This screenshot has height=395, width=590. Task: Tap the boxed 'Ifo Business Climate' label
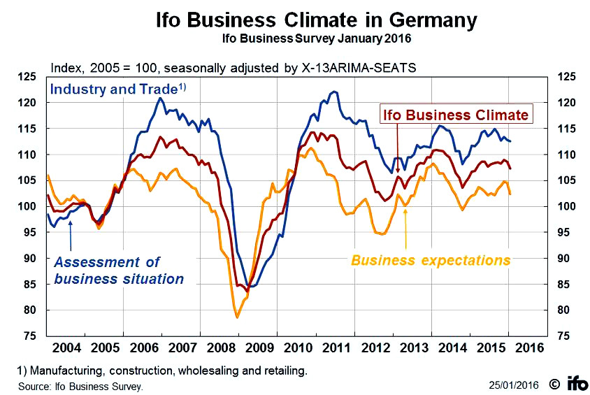(455, 114)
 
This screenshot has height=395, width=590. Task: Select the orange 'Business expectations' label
(431, 261)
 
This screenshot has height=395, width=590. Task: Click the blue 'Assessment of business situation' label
(119, 271)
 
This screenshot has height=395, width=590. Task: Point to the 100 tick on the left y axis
(33, 206)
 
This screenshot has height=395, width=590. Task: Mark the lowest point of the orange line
(238, 317)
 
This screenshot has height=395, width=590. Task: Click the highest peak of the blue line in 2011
(334, 92)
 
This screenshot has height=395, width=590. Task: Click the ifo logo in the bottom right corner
(575, 383)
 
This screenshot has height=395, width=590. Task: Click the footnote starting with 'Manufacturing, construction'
(161, 369)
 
